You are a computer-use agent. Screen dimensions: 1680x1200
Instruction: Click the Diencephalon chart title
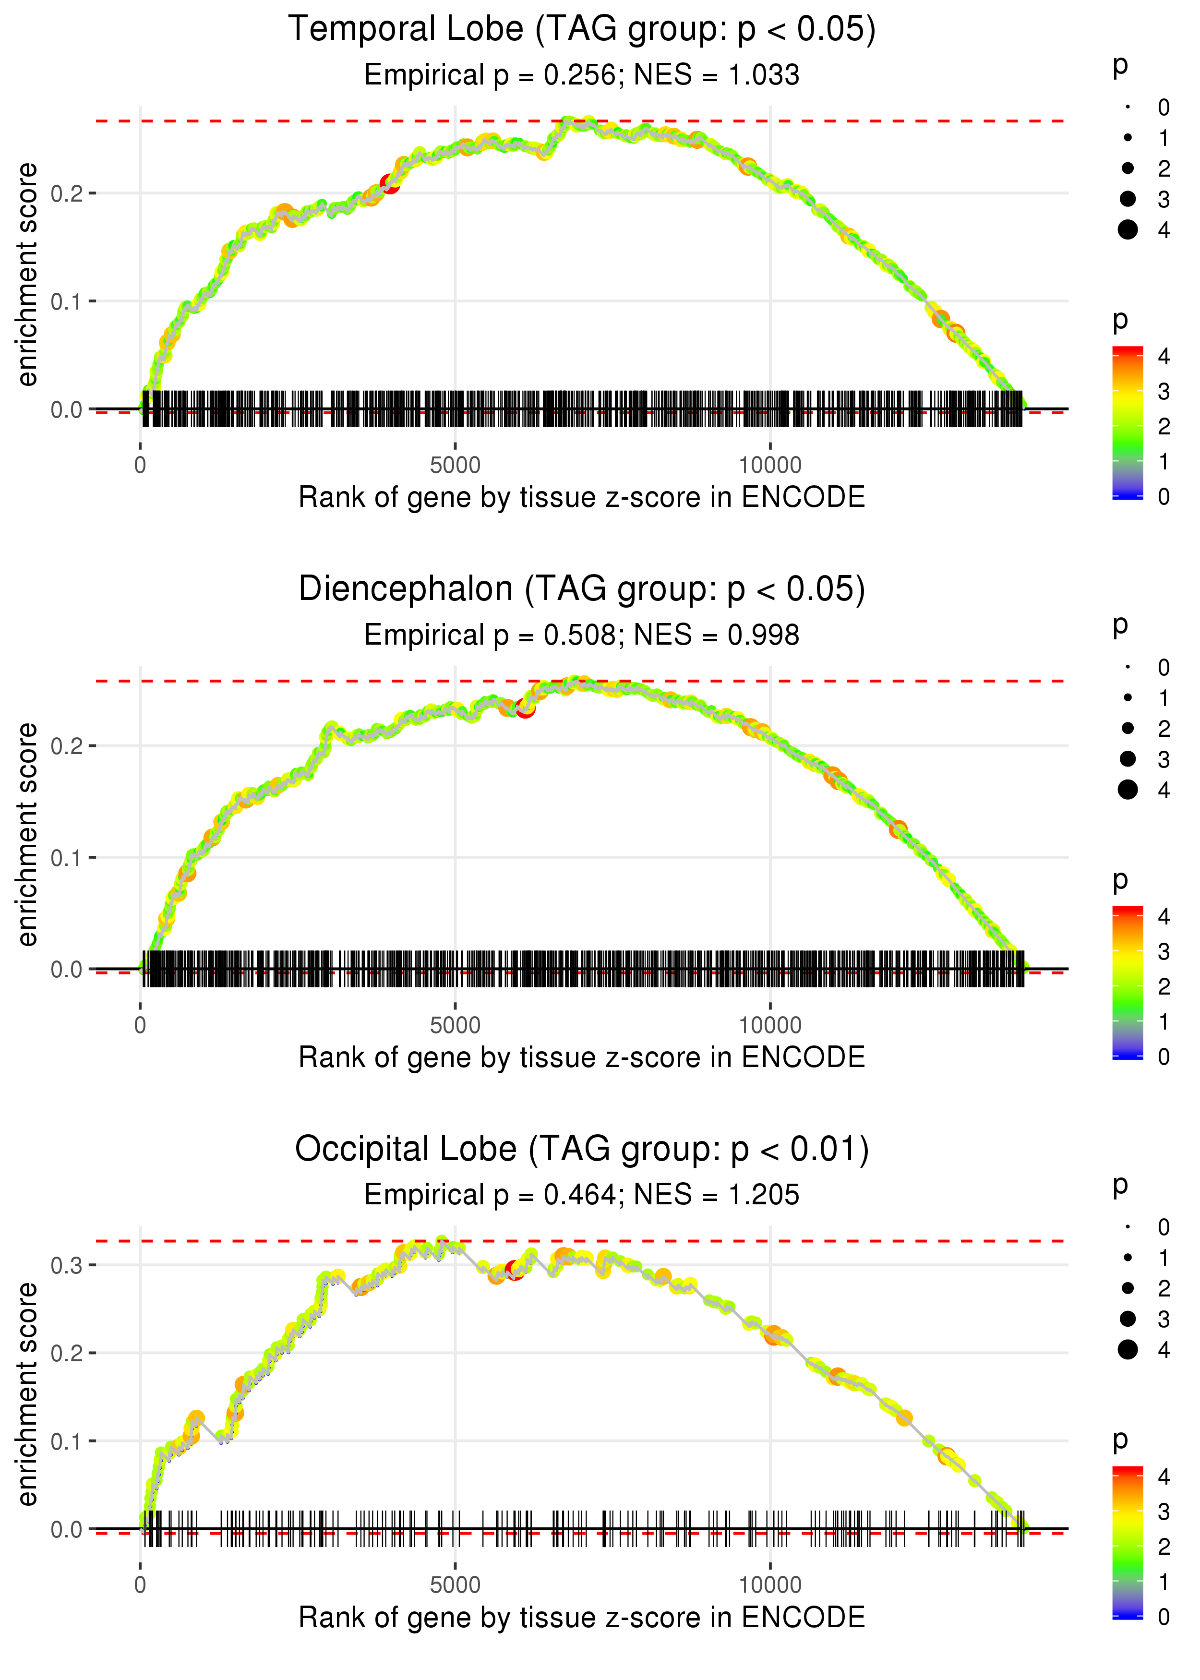pyautogui.click(x=582, y=589)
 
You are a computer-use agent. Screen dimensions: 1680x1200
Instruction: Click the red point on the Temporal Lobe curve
pyautogui.click(x=389, y=183)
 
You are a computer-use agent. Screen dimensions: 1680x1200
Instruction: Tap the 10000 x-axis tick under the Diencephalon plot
pyautogui.click(x=770, y=1025)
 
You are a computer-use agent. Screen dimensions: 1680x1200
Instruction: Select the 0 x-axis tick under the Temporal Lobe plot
pyautogui.click(x=140, y=466)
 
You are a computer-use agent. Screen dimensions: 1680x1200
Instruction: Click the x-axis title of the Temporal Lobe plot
pyautogui.click(x=582, y=497)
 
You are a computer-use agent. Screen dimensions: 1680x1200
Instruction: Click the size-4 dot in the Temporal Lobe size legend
pyautogui.click(x=1128, y=230)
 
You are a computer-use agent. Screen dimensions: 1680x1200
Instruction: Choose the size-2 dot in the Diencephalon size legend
pyautogui.click(x=1128, y=729)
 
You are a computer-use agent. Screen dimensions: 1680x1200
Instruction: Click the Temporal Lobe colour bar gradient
pyautogui.click(x=1128, y=422)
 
